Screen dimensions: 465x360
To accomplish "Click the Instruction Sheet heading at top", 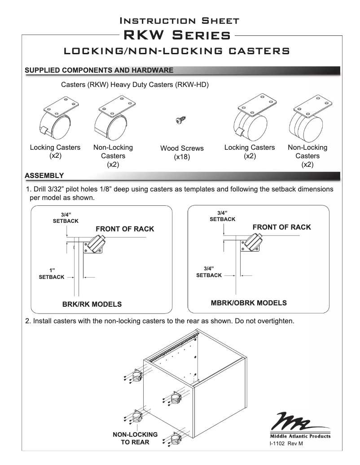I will (180, 21).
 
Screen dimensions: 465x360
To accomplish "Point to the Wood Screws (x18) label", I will (182, 152).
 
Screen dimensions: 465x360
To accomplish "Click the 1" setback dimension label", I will (52, 274).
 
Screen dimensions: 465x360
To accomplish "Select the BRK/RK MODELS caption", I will (92, 304).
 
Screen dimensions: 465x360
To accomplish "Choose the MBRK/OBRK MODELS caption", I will (249, 303).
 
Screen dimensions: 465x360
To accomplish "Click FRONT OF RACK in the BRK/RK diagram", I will (125, 229).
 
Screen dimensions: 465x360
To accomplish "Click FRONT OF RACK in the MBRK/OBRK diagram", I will (281, 227).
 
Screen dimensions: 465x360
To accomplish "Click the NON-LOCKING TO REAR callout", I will (135, 439).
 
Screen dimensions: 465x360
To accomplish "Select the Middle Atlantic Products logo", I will (300, 425).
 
